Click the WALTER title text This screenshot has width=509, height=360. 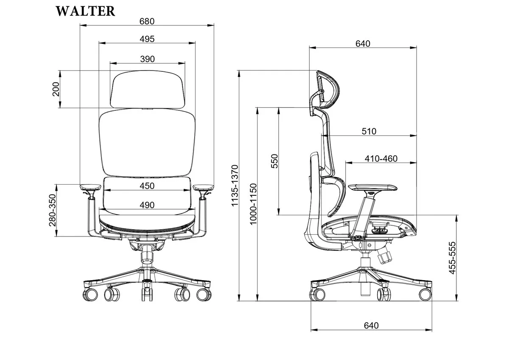point(85,11)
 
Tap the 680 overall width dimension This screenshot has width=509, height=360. point(147,21)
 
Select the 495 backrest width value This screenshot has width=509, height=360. point(147,39)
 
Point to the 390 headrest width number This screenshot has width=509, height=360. point(148,59)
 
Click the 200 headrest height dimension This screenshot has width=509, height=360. point(56,89)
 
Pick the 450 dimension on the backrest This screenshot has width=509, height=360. point(147,186)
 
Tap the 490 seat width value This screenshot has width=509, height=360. point(147,205)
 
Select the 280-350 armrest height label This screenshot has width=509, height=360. point(53,210)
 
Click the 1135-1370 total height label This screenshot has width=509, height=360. point(235,186)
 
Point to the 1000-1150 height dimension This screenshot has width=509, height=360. point(253,204)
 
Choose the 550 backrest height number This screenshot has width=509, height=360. point(274,161)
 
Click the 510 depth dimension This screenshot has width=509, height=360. point(369,132)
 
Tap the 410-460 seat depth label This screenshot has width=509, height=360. point(381,159)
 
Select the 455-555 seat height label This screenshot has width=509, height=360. point(453,258)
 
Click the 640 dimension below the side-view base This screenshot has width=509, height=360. point(371,326)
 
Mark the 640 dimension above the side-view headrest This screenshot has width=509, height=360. point(363,44)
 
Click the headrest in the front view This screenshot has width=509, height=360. point(148,89)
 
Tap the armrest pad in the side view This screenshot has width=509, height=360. point(373,188)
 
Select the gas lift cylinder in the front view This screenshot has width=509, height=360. point(147,257)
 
